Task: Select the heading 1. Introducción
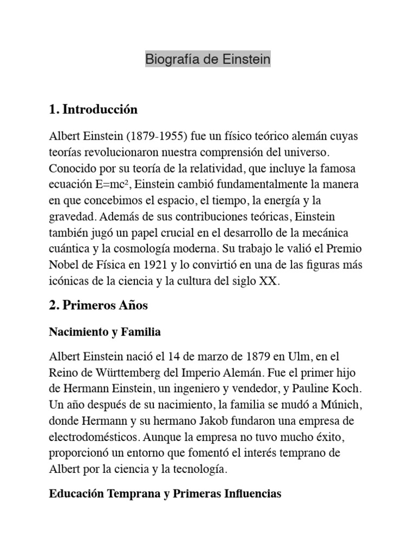(93, 110)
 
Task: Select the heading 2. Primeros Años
(98, 306)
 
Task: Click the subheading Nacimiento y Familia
(105, 332)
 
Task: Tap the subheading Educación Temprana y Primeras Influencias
(165, 494)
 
